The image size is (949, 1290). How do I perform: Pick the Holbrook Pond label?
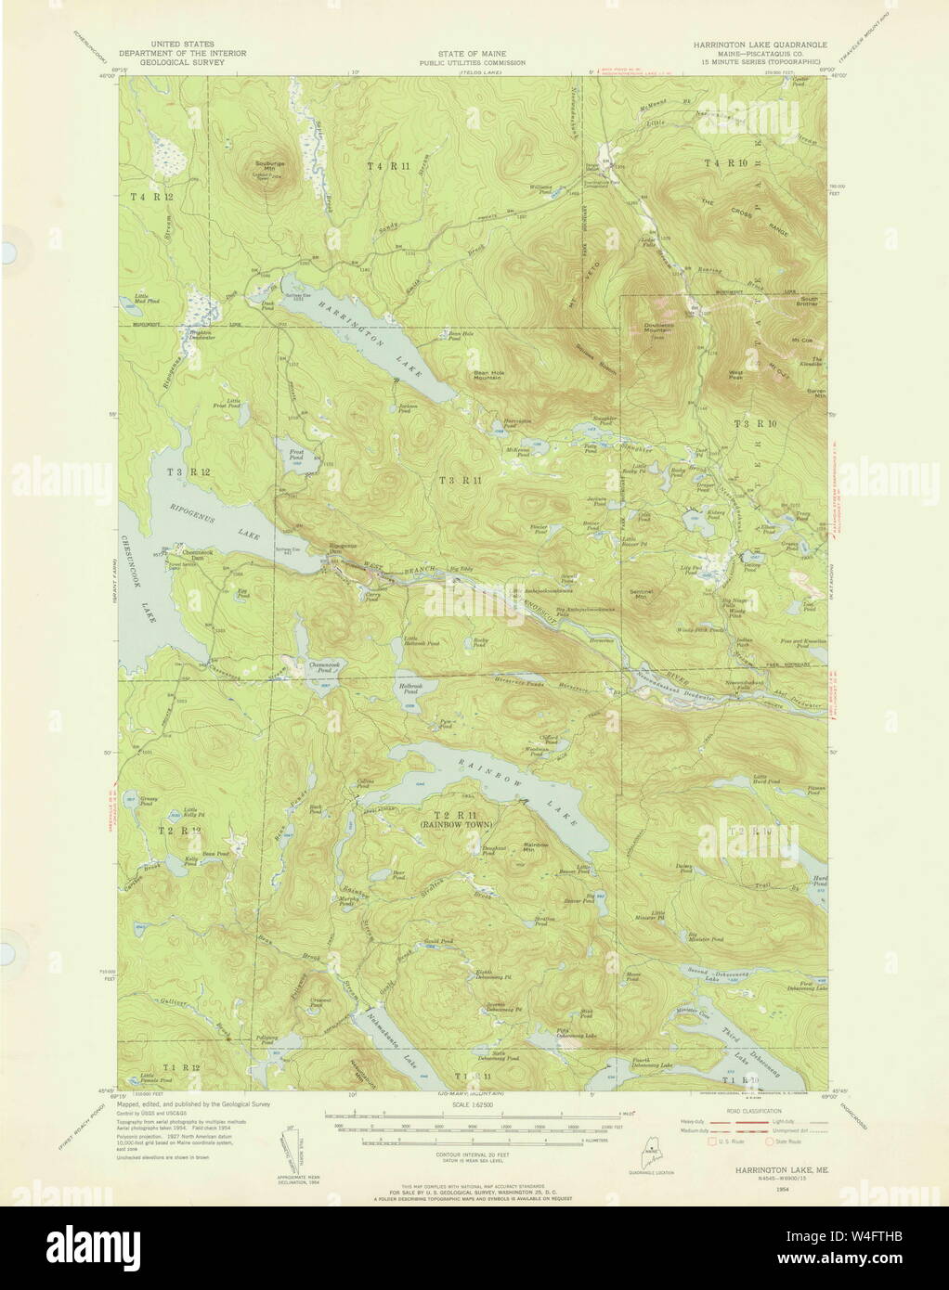pyautogui.click(x=410, y=686)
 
